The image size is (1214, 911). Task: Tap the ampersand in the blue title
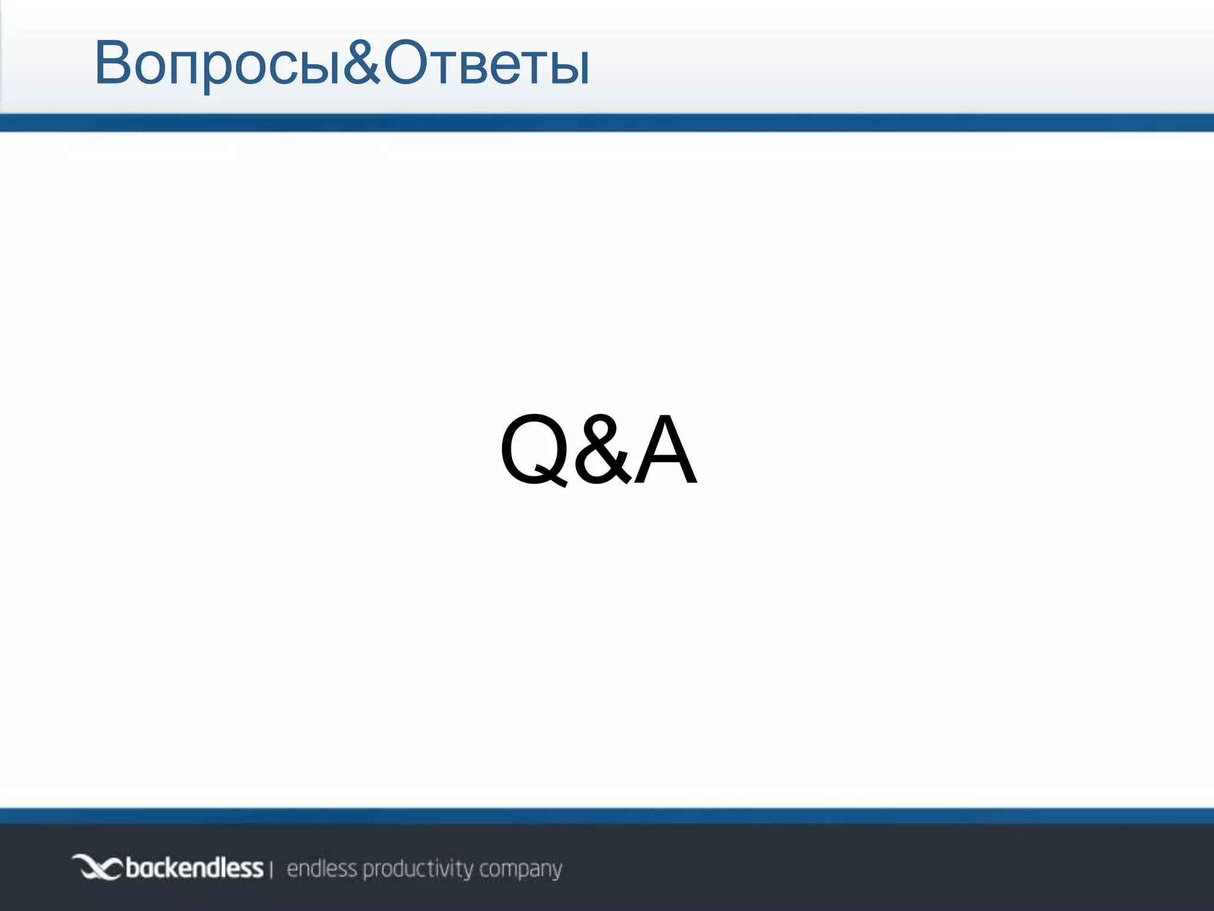pos(361,62)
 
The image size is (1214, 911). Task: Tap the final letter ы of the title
pos(570,68)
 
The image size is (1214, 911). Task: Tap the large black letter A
pos(665,448)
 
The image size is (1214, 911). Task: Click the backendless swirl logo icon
pos(97,868)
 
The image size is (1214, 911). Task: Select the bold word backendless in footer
pos(194,868)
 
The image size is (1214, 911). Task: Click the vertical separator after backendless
pos(271,870)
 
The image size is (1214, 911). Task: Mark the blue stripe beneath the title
pos(607,123)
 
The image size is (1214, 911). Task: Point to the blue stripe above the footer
pos(607,816)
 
